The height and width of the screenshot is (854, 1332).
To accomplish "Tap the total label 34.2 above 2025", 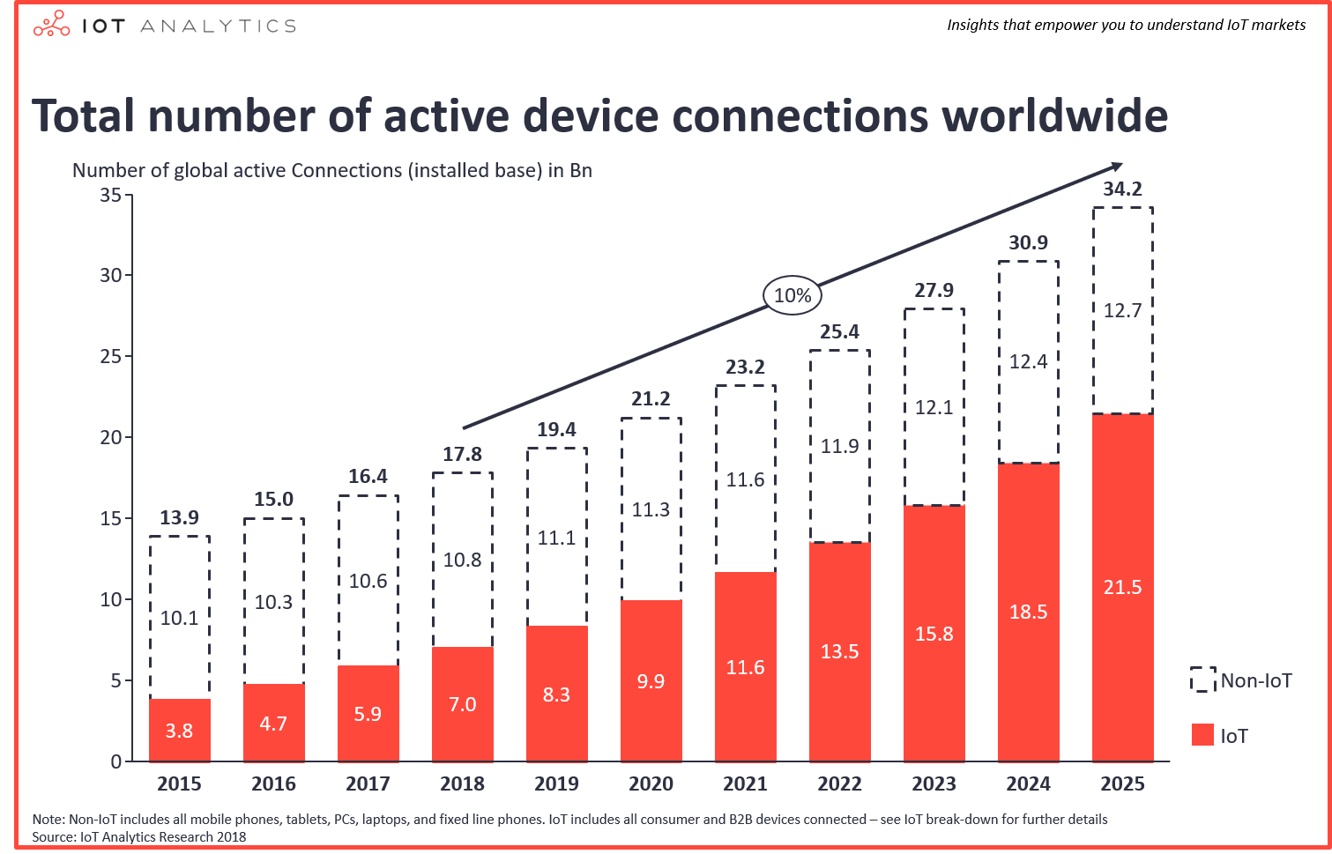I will pyautogui.click(x=1122, y=189).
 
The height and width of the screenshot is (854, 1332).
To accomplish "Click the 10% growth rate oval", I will pyautogui.click(x=792, y=295).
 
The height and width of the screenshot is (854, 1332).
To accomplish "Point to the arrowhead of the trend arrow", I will pyautogui.click(x=1117, y=167).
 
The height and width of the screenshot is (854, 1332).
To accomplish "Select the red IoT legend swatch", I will pyautogui.click(x=1202, y=735).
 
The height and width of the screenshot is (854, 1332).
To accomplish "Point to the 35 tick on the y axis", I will pyautogui.click(x=110, y=195).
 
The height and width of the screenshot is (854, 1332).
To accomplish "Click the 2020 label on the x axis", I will pyautogui.click(x=651, y=783).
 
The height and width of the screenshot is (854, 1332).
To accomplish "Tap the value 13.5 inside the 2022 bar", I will pyautogui.click(x=839, y=651).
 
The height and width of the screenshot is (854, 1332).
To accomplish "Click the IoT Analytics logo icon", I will pyautogui.click(x=51, y=25).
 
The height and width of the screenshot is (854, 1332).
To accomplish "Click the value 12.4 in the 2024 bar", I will pyautogui.click(x=1028, y=361).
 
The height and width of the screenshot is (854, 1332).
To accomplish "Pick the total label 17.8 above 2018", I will pyautogui.click(x=462, y=454).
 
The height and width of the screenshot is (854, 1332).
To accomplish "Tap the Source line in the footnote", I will pyautogui.click(x=139, y=836).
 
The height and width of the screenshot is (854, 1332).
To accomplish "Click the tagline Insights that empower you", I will pyautogui.click(x=1126, y=25).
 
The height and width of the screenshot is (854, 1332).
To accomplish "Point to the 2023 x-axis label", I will pyautogui.click(x=934, y=783).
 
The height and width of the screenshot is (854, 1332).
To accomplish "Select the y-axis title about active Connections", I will pyautogui.click(x=331, y=170).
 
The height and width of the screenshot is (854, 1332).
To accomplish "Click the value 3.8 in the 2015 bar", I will pyautogui.click(x=179, y=731).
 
